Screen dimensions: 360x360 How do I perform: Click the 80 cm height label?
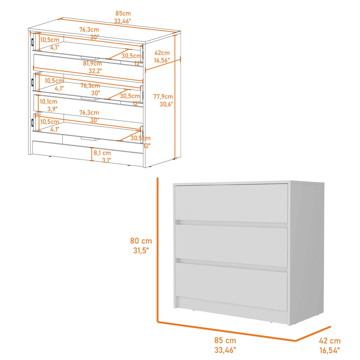[x=141, y=240]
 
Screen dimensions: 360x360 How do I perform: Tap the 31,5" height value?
[x=141, y=250]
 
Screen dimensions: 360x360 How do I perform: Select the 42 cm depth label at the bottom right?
[x=330, y=341]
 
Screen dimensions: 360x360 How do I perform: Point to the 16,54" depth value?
[x=330, y=351]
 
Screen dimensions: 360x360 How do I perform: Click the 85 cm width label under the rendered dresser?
[x=225, y=340]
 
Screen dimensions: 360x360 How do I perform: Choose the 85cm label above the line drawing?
[x=123, y=13]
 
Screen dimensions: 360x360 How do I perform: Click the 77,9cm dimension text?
[x=163, y=96]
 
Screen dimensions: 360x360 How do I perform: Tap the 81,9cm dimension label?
[x=92, y=63]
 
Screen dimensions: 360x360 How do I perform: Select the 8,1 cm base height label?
[x=102, y=153]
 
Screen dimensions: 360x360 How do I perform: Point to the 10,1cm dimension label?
[x=49, y=102]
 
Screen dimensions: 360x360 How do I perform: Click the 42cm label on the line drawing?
[x=162, y=53]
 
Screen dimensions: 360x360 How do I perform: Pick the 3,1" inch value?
[x=106, y=160]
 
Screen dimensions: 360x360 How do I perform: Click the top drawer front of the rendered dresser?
[x=231, y=203]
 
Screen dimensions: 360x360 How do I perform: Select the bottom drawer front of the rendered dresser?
[x=231, y=287]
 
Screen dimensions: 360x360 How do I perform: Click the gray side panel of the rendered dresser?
[x=307, y=252]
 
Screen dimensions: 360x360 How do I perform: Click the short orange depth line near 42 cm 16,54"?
[x=313, y=333]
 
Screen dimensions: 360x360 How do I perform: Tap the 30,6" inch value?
[x=166, y=104]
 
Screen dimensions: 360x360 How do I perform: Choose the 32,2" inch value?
[x=95, y=71]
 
